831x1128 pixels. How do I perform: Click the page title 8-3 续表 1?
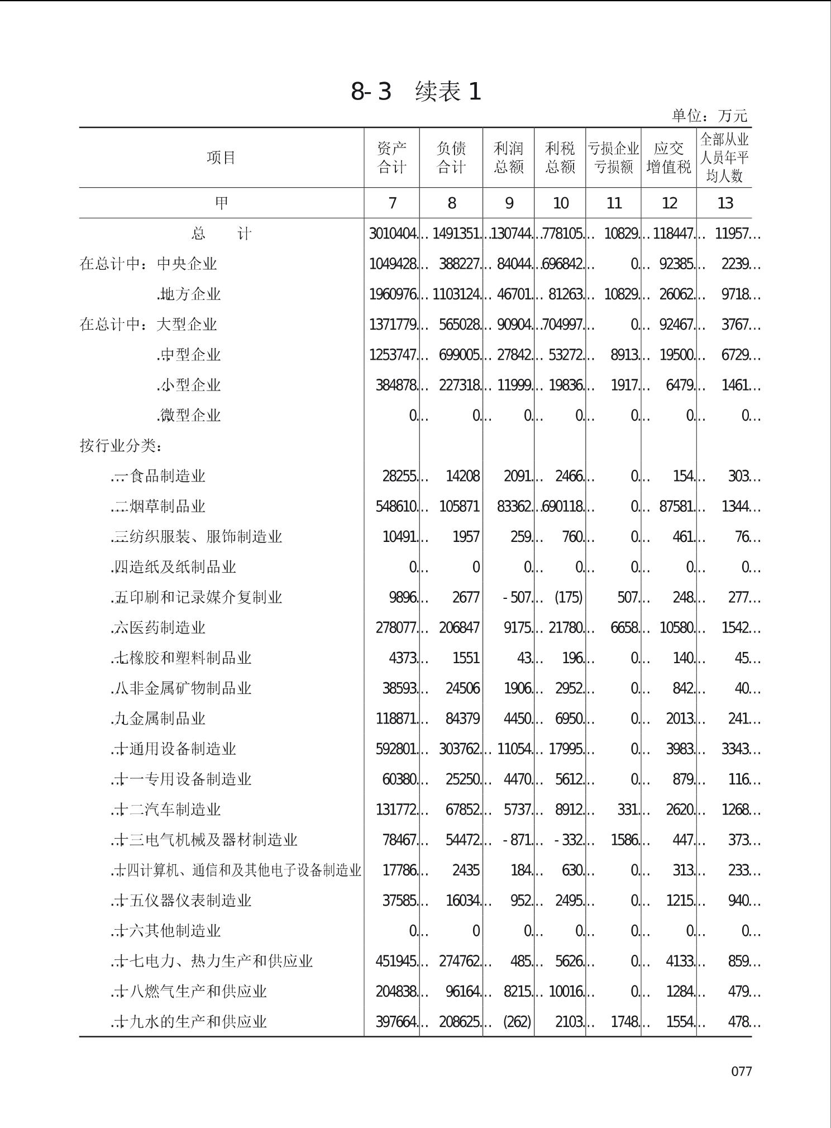click(x=415, y=92)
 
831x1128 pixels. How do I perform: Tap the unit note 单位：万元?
click(x=709, y=116)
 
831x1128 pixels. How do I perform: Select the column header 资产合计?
click(x=391, y=158)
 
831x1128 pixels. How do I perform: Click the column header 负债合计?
click(x=451, y=158)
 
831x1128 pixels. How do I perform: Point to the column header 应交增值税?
click(x=668, y=158)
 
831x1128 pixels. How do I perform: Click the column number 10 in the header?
click(x=560, y=203)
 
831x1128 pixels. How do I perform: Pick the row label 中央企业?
click(x=187, y=264)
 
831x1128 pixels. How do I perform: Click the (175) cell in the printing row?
click(x=568, y=598)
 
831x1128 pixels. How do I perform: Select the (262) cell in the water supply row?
click(x=517, y=1022)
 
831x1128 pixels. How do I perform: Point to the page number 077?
click(x=741, y=1071)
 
